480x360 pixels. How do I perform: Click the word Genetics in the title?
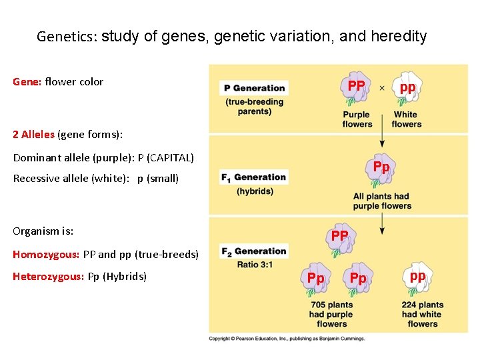(x=67, y=37)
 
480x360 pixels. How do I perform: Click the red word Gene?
(x=27, y=82)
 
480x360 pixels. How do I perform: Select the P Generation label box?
(x=254, y=88)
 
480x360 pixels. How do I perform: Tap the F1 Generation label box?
(x=253, y=177)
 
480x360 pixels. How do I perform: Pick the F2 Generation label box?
(x=253, y=251)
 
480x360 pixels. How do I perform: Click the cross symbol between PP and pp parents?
(x=381, y=88)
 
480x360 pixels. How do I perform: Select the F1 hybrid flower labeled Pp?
(x=381, y=170)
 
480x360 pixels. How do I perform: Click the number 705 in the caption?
(x=318, y=305)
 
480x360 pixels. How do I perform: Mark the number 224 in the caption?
(x=410, y=305)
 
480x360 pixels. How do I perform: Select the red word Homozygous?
(x=46, y=255)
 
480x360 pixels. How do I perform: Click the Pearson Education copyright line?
(x=287, y=339)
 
